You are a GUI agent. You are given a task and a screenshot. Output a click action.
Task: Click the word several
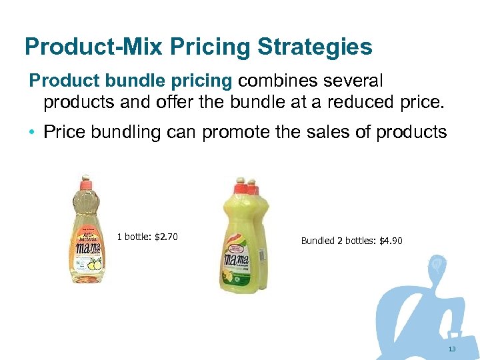(354, 81)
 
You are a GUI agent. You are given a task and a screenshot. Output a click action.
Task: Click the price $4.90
(391, 241)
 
